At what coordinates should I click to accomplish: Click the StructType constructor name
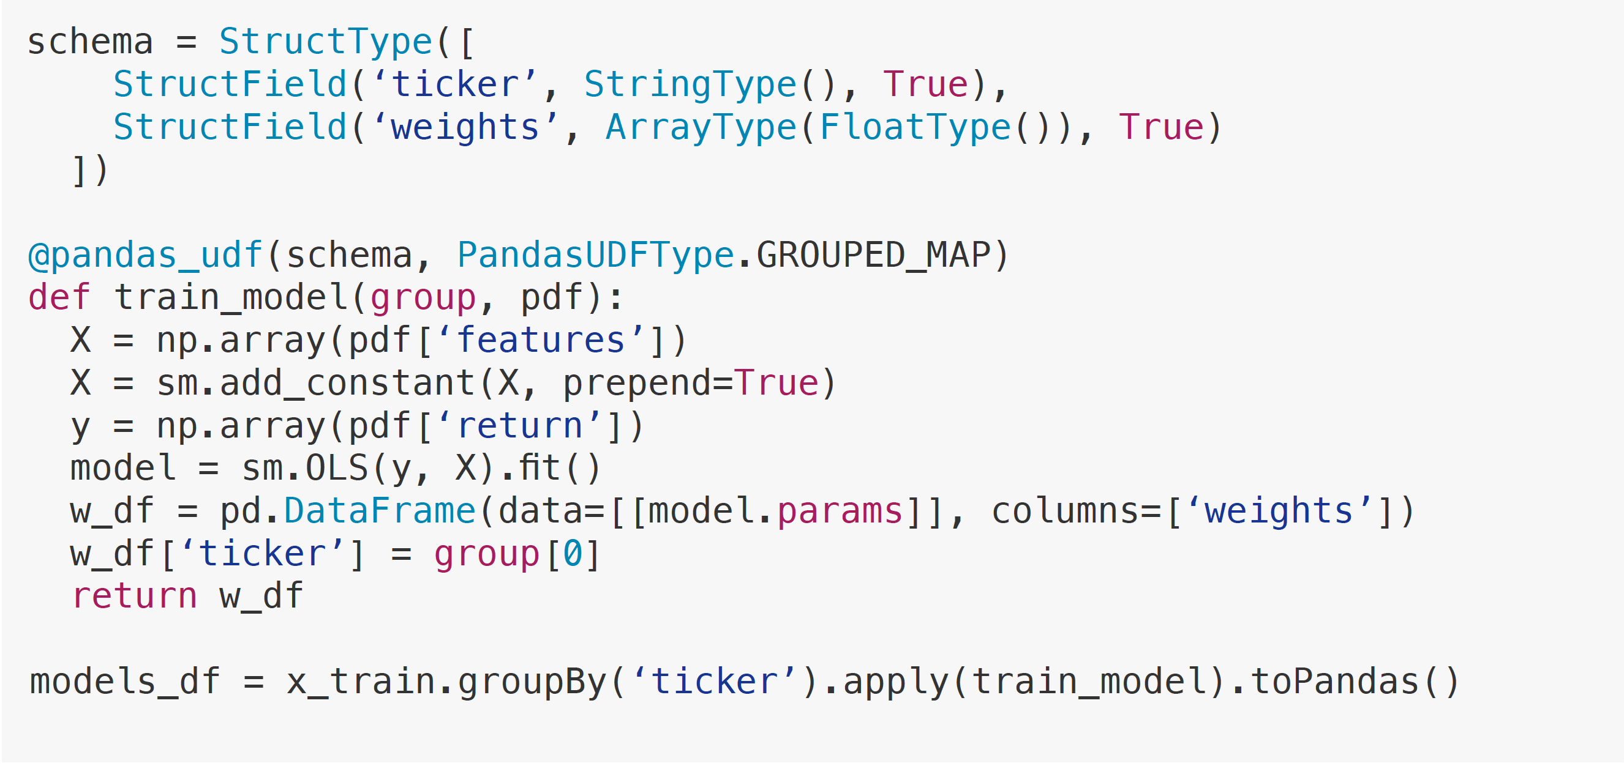coord(325,42)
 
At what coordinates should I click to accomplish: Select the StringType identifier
coord(690,85)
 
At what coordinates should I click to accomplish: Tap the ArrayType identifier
coord(701,128)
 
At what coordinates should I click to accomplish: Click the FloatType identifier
coord(915,128)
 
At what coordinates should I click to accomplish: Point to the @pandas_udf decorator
coord(145,256)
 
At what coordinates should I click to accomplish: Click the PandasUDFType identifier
coord(595,256)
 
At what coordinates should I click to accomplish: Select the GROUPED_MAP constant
coord(873,256)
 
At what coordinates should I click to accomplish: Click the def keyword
coord(59,298)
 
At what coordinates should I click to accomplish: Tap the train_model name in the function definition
coord(231,298)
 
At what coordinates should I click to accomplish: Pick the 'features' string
coord(541,341)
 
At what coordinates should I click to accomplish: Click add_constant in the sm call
coord(347,384)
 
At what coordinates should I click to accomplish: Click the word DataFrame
coord(380,511)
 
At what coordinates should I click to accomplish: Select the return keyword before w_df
coord(134,597)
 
